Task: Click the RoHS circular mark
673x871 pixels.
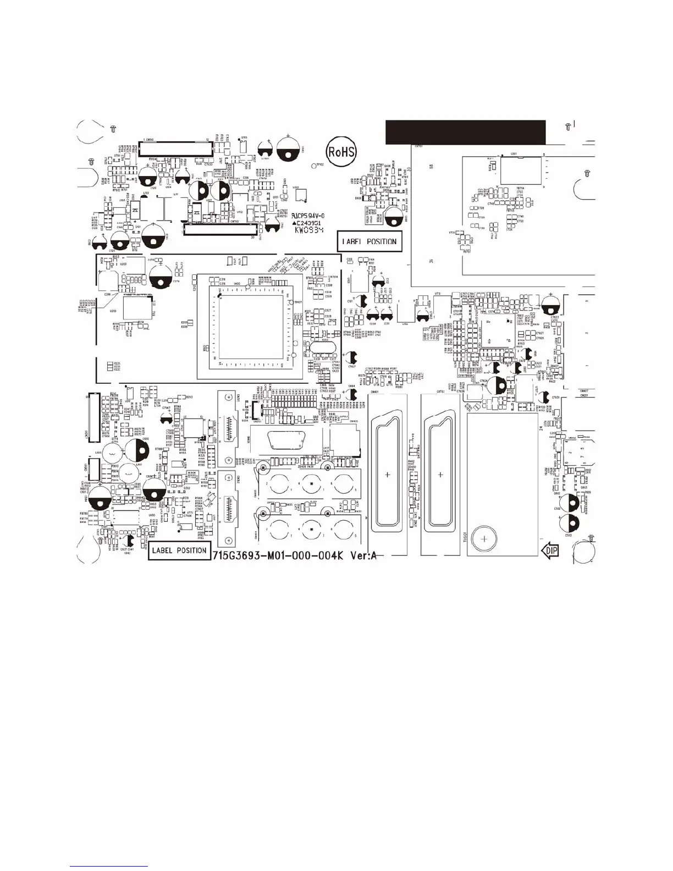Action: [x=341, y=152]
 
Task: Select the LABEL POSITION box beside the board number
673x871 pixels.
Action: [x=179, y=550]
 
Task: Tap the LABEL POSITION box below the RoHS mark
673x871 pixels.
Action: [x=369, y=241]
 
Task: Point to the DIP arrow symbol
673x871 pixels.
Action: [x=550, y=550]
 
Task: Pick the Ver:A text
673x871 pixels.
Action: [x=363, y=555]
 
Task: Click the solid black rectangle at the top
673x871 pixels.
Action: [x=465, y=132]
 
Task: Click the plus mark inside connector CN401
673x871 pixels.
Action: [x=388, y=474]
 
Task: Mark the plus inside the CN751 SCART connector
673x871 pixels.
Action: [x=440, y=474]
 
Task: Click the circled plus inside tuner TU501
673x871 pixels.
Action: [x=484, y=539]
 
